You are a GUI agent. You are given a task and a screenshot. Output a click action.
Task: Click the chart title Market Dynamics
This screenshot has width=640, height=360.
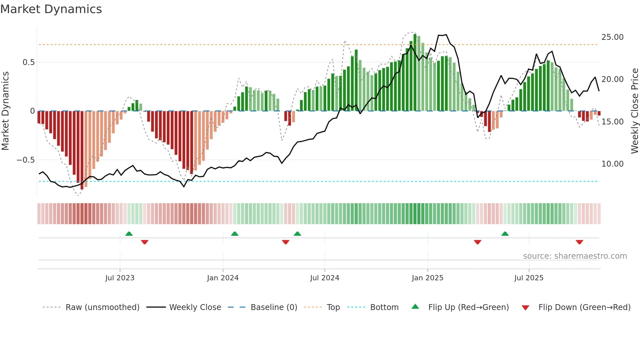[51, 9]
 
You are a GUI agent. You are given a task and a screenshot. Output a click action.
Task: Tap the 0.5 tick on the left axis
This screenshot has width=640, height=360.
[28, 62]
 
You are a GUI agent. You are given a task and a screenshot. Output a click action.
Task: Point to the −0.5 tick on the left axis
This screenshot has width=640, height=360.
[25, 160]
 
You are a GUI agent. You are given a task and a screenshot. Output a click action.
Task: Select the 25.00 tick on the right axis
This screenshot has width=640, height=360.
[612, 37]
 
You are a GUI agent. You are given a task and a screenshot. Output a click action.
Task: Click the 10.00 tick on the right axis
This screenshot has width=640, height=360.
[612, 164]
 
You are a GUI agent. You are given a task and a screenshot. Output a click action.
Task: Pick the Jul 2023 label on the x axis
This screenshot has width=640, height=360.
[120, 278]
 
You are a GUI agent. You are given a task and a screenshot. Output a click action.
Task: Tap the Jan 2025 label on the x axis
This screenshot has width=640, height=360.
[427, 278]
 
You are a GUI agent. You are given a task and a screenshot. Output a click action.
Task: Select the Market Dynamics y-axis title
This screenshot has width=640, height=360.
[5, 111]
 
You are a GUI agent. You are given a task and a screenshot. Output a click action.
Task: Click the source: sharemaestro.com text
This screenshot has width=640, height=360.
[575, 256]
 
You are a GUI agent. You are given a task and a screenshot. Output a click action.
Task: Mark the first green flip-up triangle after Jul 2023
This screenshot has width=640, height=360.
[129, 234]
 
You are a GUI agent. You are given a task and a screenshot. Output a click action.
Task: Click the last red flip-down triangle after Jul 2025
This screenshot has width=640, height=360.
[579, 242]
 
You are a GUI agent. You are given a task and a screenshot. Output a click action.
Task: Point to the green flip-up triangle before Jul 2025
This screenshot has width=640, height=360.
[505, 234]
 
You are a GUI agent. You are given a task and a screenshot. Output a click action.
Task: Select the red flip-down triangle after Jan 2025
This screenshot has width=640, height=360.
[477, 242]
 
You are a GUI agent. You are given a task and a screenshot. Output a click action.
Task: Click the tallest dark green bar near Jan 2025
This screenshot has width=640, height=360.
[415, 72]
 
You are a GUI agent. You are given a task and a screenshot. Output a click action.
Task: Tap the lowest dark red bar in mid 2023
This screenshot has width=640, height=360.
[82, 150]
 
